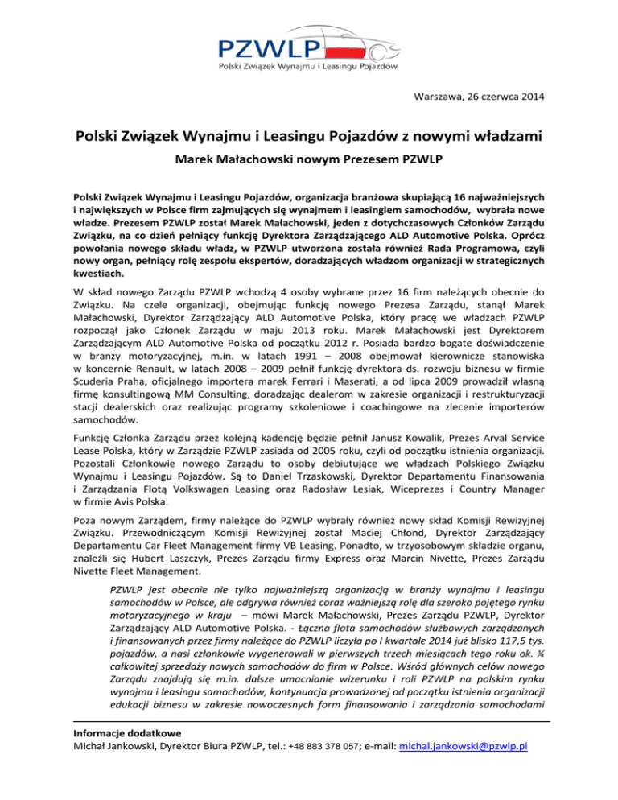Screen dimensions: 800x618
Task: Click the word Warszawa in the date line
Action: click(439, 98)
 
